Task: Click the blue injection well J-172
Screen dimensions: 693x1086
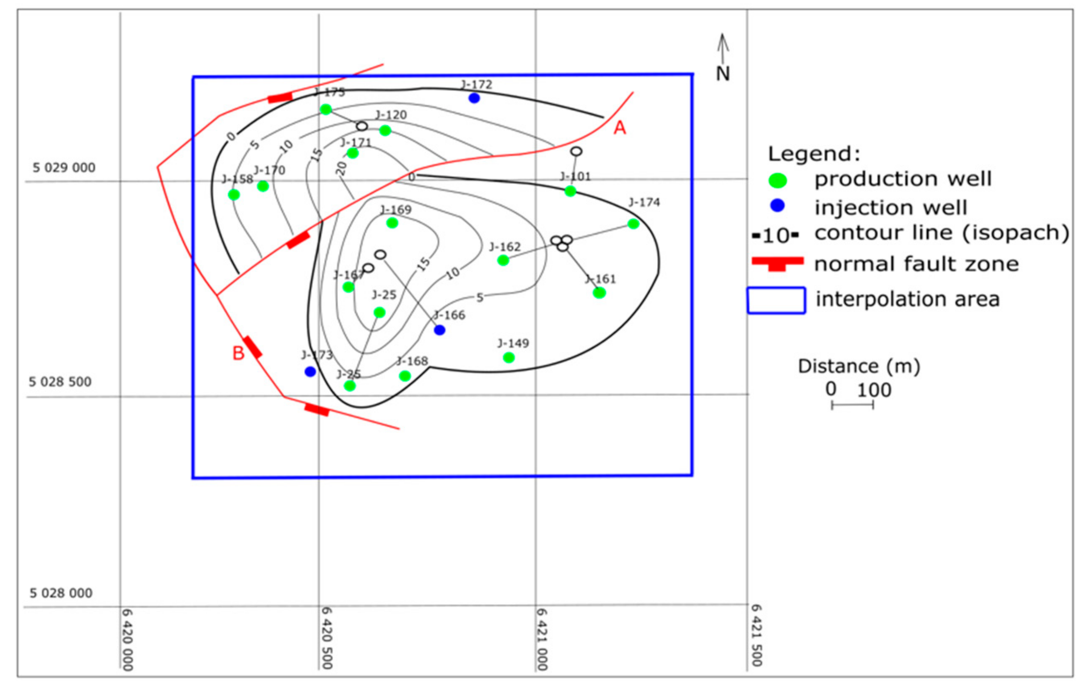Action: [x=474, y=98]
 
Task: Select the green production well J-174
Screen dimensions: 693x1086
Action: [x=633, y=224]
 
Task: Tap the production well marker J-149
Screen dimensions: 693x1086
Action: [x=509, y=357]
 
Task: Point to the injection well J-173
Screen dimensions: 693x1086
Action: [x=310, y=372]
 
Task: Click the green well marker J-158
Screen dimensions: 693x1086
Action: [x=234, y=195]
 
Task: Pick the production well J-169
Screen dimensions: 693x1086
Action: [x=392, y=223]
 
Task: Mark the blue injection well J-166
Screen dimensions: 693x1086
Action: [x=440, y=330]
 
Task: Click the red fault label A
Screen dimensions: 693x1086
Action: [x=620, y=128]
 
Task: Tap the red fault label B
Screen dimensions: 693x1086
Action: [x=238, y=353]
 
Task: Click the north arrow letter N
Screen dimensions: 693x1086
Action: [x=723, y=74]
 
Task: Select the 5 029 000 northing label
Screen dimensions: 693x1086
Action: [x=64, y=167]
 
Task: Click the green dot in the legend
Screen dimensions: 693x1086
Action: [x=777, y=181]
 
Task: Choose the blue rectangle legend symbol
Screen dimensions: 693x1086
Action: [x=776, y=300]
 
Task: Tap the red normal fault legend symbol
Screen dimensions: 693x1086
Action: [x=777, y=263]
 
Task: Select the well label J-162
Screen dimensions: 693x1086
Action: [x=505, y=247]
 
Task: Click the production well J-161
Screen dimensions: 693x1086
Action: [x=599, y=293]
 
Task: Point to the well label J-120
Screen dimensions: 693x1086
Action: [x=391, y=115]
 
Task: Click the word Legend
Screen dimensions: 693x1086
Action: [x=814, y=154]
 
